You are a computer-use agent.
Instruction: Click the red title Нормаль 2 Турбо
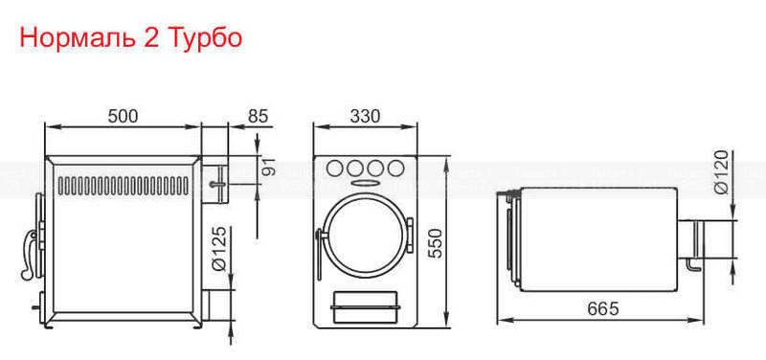coord(131,38)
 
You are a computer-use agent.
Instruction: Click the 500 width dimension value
coord(124,116)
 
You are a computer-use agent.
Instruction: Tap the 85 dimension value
coord(259,116)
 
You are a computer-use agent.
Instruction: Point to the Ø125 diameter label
coord(220,249)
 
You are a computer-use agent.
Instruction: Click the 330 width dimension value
coord(365,116)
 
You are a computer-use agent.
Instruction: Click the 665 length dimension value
coord(603,308)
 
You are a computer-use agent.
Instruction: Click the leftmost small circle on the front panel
coord(334,169)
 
